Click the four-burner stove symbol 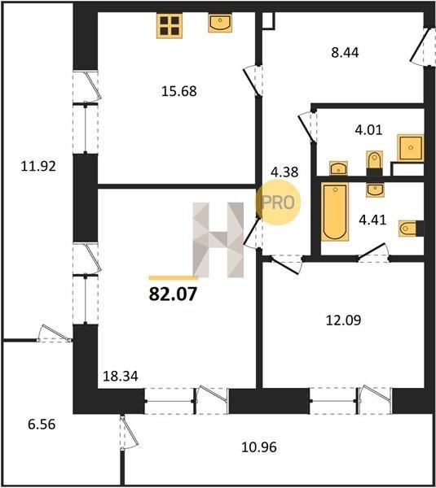(x=170, y=26)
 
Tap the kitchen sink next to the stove (x=220, y=23)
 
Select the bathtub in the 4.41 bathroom (x=335, y=212)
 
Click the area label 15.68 (x=179, y=91)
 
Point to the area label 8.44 (x=345, y=53)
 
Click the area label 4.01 (x=368, y=130)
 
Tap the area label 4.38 (x=284, y=172)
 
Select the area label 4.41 (x=372, y=220)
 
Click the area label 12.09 (x=343, y=320)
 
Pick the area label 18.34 (x=121, y=377)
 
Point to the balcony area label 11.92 (x=38, y=166)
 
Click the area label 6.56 (x=42, y=425)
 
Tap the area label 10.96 (x=259, y=447)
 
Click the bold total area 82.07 (x=173, y=294)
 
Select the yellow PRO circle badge (x=278, y=203)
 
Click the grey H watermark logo (x=218, y=240)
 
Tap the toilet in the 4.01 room (x=374, y=163)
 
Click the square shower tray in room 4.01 (x=411, y=148)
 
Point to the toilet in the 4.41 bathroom (x=411, y=229)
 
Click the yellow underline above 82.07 (x=173, y=278)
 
